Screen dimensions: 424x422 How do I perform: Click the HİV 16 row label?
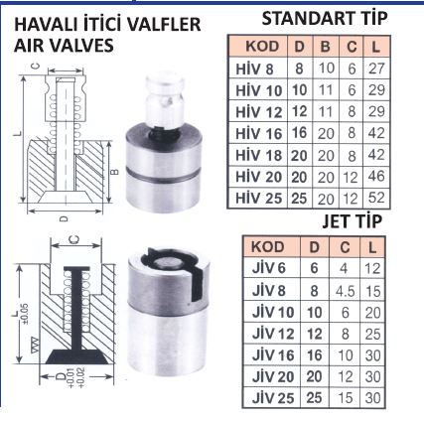tap(258, 133)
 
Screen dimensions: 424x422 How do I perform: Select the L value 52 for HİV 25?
tap(376, 198)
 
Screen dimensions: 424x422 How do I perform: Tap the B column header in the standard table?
tap(325, 47)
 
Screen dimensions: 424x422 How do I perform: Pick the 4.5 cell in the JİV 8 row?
tap(345, 291)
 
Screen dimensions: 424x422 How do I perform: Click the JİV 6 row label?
tap(268, 268)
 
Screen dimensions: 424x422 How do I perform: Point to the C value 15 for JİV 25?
tap(345, 397)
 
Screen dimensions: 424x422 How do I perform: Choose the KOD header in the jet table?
tap(267, 247)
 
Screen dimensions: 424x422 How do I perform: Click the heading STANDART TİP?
tap(325, 18)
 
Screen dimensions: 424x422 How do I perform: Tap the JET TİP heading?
tap(353, 221)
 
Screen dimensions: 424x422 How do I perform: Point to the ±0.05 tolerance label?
tap(25, 314)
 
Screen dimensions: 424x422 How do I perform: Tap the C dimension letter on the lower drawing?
tap(75, 239)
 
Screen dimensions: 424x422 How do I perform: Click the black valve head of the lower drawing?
tap(76, 356)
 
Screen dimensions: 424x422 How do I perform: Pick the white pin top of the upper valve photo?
tap(165, 83)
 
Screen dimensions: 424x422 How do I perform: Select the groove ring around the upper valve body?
tap(163, 174)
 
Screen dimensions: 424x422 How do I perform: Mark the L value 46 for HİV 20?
tap(376, 177)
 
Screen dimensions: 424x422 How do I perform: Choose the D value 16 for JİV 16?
tap(314, 355)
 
